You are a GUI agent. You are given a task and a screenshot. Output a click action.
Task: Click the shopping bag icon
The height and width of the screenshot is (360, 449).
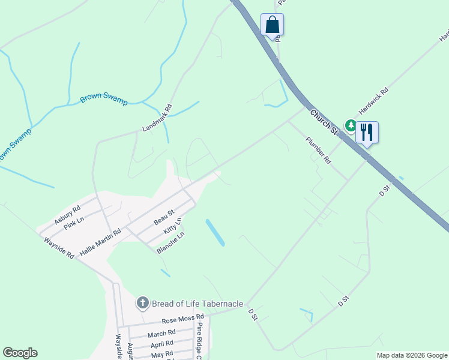click(x=272, y=25)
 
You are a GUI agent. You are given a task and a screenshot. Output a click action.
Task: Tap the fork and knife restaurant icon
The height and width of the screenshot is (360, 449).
click(x=367, y=132)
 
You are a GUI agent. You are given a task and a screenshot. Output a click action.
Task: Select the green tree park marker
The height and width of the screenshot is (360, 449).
click(x=351, y=125)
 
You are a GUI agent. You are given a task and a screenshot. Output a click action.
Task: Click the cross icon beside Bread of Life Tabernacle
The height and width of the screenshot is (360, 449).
click(x=143, y=303)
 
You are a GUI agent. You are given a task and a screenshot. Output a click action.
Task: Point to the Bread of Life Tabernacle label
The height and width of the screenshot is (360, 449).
click(x=197, y=304)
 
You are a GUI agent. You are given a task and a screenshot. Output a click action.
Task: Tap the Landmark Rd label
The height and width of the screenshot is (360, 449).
click(x=157, y=118)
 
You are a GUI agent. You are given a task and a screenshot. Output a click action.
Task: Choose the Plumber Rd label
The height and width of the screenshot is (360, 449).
click(x=318, y=151)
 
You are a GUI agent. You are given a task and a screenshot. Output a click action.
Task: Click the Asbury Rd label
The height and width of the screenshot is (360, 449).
click(x=67, y=215)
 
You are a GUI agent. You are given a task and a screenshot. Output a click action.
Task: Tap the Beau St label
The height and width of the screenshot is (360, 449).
click(x=163, y=217)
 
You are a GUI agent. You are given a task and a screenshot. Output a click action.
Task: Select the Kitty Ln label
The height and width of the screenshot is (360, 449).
click(x=172, y=230)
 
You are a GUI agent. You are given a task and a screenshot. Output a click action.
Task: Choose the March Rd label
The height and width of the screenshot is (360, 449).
click(x=161, y=333)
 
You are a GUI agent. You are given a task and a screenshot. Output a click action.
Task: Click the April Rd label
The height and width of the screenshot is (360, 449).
click(x=161, y=344)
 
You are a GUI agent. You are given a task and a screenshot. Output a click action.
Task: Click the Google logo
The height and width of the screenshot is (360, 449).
click(x=20, y=353)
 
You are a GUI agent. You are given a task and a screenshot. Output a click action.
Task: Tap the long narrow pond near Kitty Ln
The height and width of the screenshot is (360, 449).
click(x=215, y=232)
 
